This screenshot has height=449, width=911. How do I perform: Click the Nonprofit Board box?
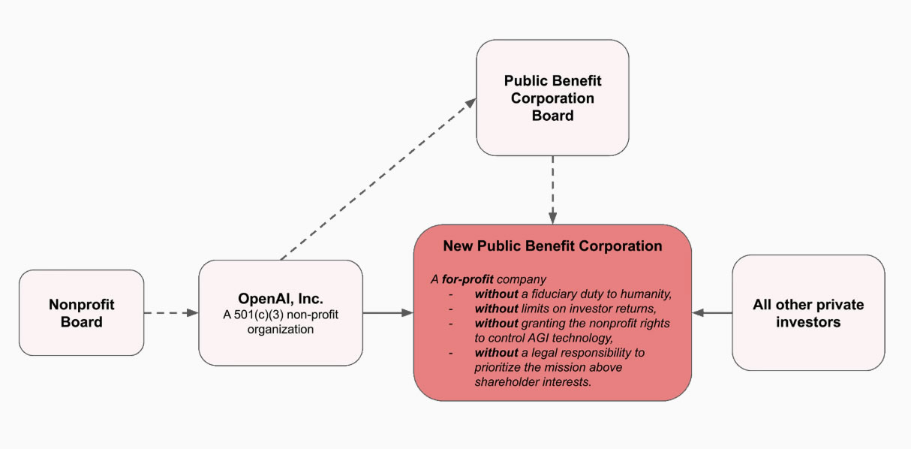coord(81,312)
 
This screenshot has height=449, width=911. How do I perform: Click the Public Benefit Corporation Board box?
coord(552,98)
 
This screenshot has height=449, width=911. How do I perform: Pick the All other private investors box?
coord(808,312)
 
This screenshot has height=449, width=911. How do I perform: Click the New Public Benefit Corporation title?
coord(552,246)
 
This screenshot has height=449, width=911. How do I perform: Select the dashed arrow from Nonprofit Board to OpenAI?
coord(170,312)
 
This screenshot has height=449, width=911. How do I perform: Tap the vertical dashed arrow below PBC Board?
coord(552,189)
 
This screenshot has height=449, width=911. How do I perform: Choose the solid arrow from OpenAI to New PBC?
coord(389,312)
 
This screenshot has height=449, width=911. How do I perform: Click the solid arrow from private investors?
coord(712,312)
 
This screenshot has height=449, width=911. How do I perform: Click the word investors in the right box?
coord(808,322)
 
